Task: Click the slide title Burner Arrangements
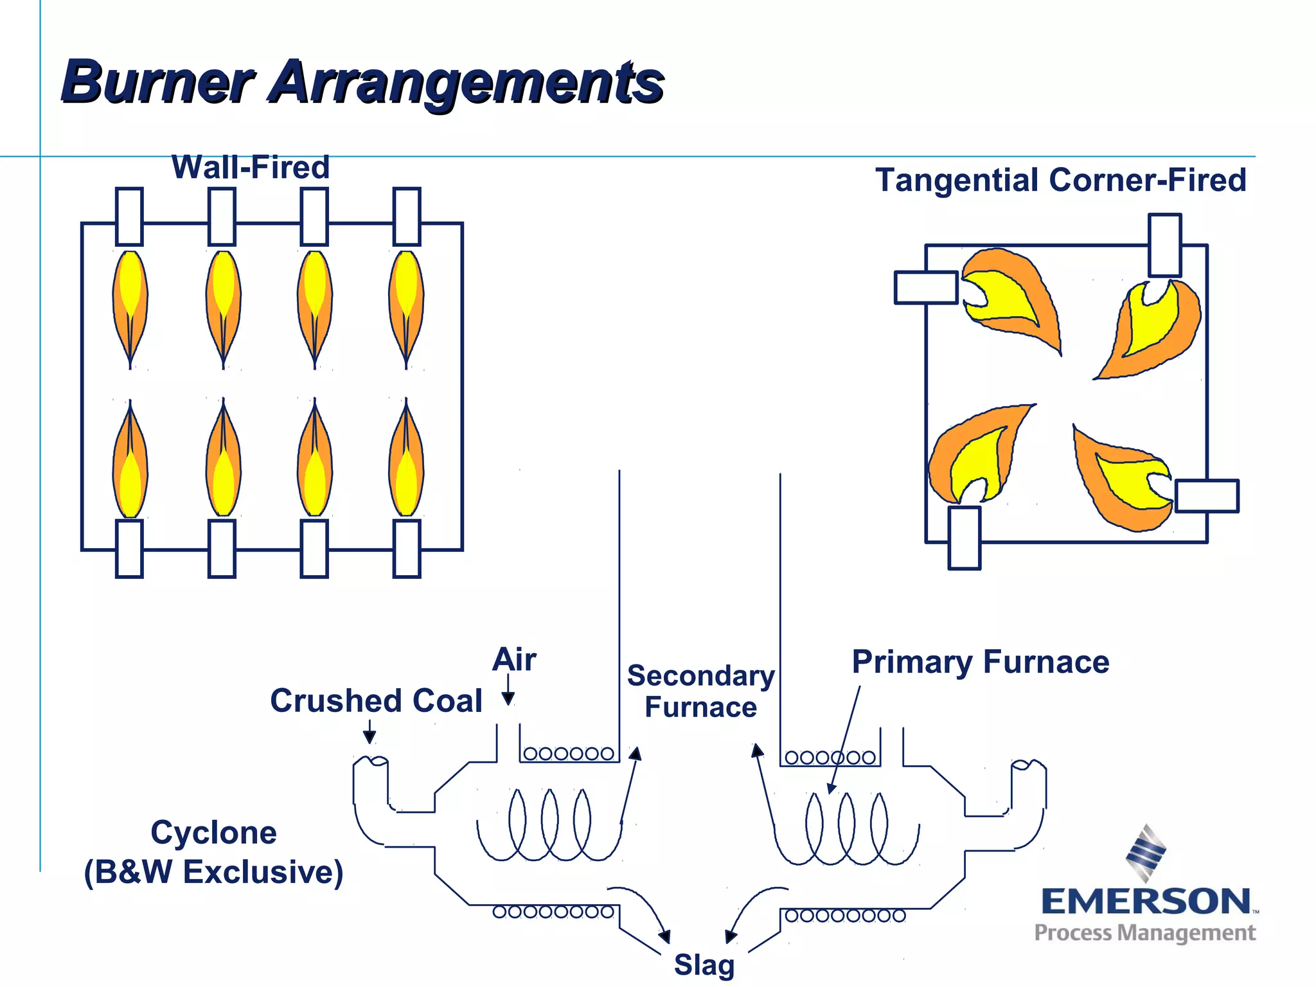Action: pyautogui.click(x=362, y=82)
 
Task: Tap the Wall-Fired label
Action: pyautogui.click(x=251, y=168)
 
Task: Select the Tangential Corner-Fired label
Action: pyautogui.click(x=1060, y=180)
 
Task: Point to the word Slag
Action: pyautogui.click(x=704, y=965)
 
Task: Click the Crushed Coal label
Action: pyautogui.click(x=376, y=700)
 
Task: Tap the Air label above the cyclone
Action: pyautogui.click(x=514, y=660)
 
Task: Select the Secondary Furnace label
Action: pyautogui.click(x=700, y=691)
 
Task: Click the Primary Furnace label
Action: pyautogui.click(x=981, y=662)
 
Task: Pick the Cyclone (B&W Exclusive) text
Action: pyautogui.click(x=213, y=852)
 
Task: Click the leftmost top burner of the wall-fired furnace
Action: pyautogui.click(x=129, y=217)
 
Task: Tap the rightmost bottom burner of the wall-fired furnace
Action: pyautogui.click(x=407, y=549)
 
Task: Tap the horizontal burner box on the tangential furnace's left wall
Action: pyautogui.click(x=926, y=287)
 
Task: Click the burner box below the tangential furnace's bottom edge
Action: pyautogui.click(x=965, y=538)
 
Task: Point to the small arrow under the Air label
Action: pyautogui.click(x=508, y=691)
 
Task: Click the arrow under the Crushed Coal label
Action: pyautogui.click(x=369, y=732)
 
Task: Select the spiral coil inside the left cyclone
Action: pyautogui.click(x=549, y=826)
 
